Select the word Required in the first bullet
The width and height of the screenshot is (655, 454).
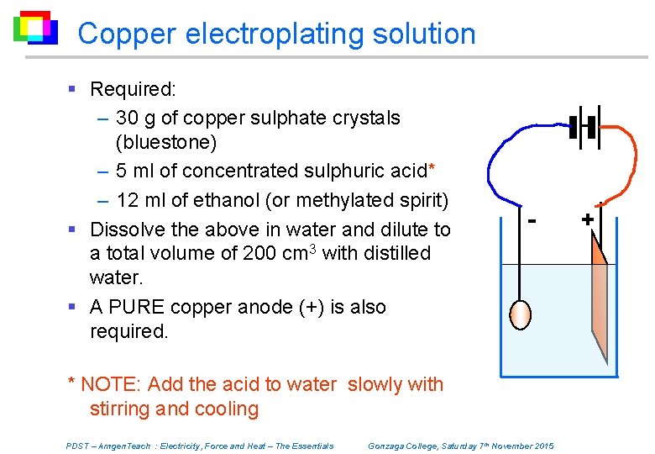tap(129, 88)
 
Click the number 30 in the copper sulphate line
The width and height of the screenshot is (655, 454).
tap(128, 118)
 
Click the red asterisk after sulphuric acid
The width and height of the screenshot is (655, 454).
tap(431, 167)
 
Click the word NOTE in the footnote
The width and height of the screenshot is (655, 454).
tap(111, 385)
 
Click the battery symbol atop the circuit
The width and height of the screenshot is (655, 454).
tap(584, 128)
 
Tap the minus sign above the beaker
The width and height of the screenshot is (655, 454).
tap(532, 219)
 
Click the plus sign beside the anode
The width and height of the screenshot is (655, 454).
tap(587, 219)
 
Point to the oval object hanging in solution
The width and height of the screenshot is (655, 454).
tap(521, 314)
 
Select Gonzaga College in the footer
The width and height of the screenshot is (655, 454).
tap(402, 446)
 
